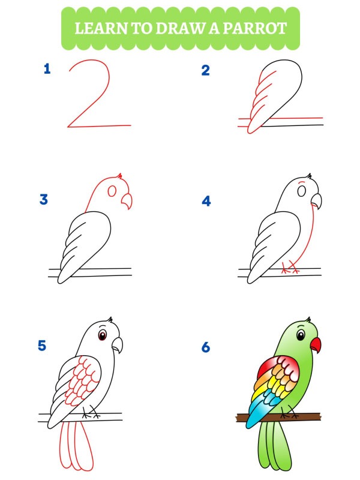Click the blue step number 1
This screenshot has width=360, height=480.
(47, 69)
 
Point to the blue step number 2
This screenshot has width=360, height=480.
(206, 71)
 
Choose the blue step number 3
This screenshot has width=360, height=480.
(43, 200)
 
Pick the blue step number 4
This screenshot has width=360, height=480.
(206, 201)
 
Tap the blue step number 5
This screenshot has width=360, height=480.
(42, 346)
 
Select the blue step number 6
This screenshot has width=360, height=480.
(206, 347)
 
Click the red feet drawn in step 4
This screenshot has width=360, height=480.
(290, 269)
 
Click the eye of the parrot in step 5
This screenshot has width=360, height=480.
(103, 334)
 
